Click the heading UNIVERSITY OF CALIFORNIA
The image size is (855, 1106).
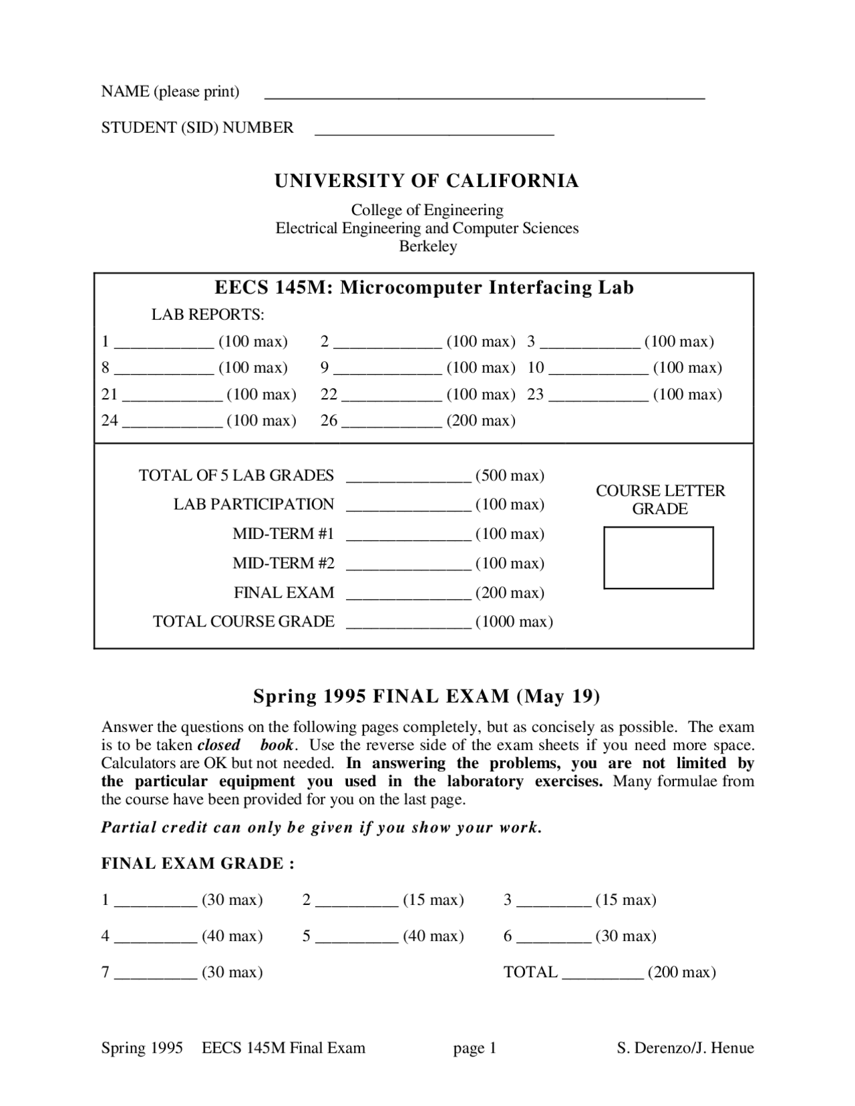coord(427,181)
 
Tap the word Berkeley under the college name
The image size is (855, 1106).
coord(427,246)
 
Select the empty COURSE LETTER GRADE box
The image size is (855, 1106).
coord(658,558)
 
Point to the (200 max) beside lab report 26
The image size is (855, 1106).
coord(481,421)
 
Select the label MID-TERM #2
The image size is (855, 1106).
coord(283,563)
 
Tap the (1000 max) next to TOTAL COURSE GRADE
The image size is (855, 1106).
coord(514,622)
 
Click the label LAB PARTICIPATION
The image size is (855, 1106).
coord(254,504)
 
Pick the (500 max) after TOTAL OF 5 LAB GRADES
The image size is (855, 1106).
coord(510,476)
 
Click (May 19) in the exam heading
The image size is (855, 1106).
coord(558,697)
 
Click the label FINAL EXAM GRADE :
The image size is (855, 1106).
coord(198,864)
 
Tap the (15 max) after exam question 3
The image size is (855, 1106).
coord(625,900)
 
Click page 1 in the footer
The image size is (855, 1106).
coord(475,1048)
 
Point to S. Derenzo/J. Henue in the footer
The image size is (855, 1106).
coord(685,1048)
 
